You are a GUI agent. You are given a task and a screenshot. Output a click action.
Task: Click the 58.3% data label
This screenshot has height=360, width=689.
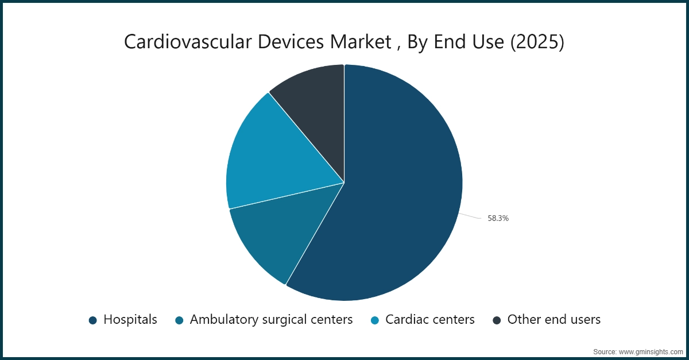point(498,218)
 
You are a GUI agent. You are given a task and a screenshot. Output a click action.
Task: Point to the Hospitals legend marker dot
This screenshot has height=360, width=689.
point(92,320)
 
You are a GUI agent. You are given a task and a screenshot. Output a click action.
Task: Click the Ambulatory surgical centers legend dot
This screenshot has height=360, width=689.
point(179,320)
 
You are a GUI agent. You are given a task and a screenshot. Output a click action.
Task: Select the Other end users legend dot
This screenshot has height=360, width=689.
point(497,320)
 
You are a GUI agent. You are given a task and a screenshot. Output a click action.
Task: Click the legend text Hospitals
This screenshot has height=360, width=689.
point(130,320)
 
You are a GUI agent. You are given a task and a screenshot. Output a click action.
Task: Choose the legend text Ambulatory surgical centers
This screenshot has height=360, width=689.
point(271,320)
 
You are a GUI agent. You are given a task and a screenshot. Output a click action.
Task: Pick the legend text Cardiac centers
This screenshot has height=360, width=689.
point(430,320)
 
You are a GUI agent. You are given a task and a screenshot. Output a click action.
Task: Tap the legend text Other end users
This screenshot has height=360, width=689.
point(553,320)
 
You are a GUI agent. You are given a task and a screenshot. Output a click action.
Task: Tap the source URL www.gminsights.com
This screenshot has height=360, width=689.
point(651,351)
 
